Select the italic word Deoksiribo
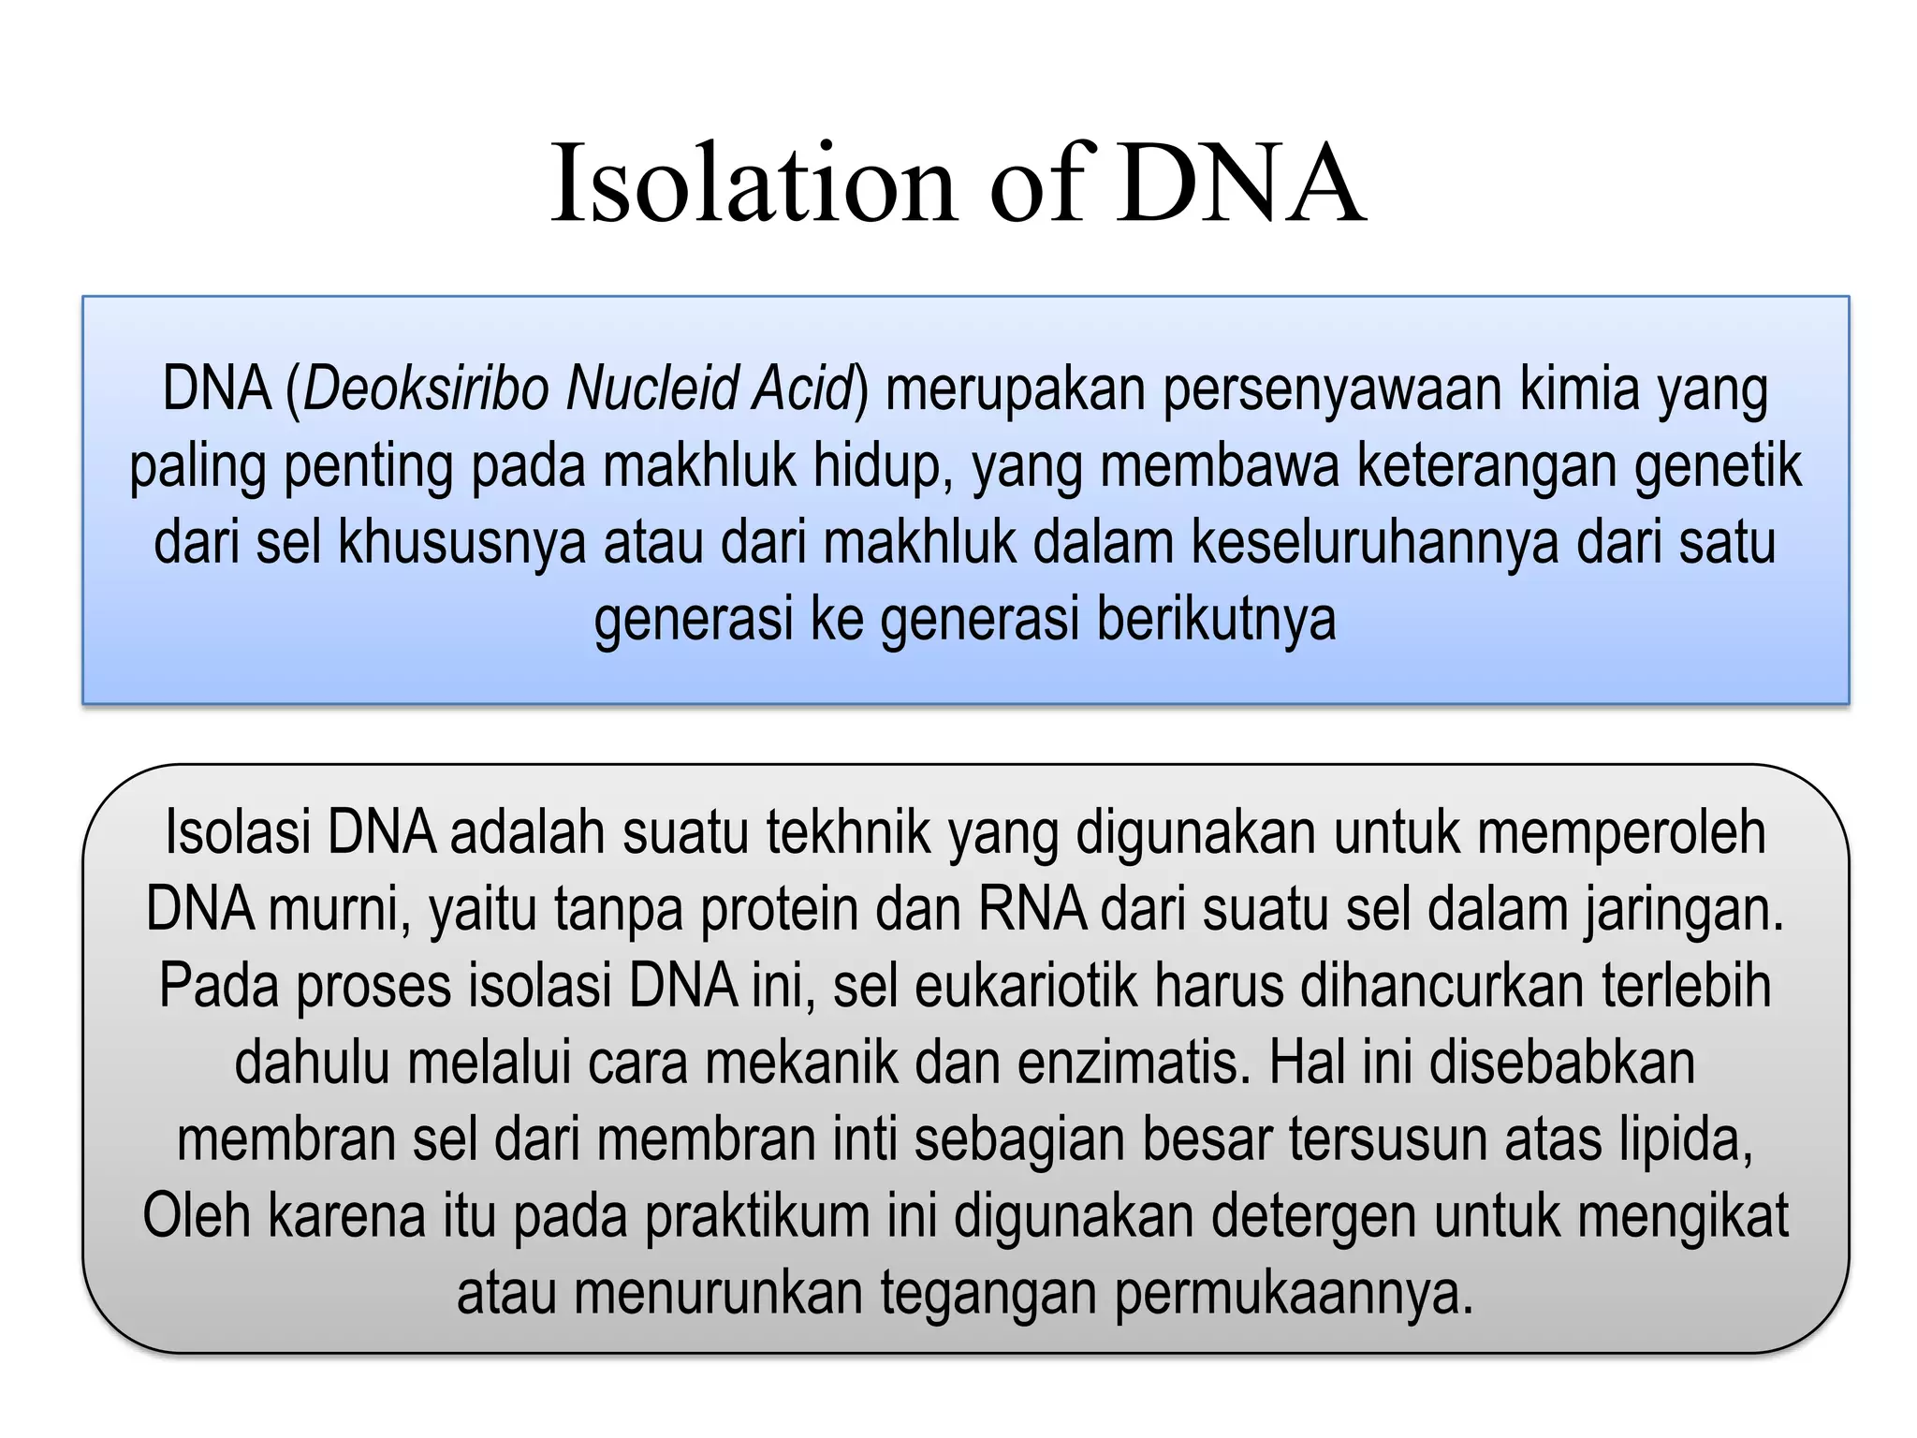425,389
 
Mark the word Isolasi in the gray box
238,832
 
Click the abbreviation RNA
1032,909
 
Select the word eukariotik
1026,986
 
